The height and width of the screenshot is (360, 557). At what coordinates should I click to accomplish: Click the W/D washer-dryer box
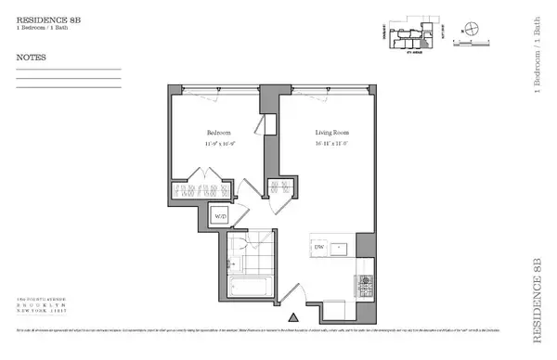click(221, 217)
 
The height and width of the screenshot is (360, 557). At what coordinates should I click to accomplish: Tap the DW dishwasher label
click(318, 248)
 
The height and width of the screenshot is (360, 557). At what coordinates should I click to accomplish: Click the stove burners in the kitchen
click(364, 280)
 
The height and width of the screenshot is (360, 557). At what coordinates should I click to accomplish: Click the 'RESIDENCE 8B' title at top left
click(43, 16)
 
